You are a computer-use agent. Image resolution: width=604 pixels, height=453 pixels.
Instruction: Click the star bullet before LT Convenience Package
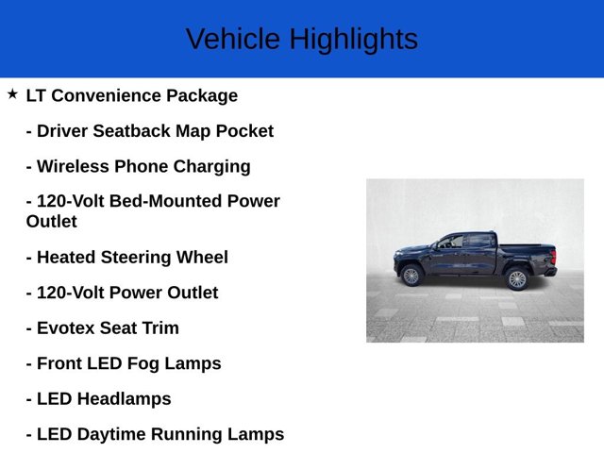coord(12,94)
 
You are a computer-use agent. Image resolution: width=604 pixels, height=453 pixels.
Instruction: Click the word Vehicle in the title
coord(232,40)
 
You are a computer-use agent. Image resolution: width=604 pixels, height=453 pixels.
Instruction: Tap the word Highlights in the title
coord(353,40)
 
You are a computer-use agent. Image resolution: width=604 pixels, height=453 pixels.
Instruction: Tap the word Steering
coord(142,258)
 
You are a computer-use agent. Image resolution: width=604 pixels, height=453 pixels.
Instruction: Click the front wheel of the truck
coord(411,276)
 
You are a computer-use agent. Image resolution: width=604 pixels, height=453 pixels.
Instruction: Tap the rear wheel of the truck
coord(516,278)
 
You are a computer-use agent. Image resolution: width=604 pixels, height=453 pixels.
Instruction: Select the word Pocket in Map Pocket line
coord(243,131)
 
